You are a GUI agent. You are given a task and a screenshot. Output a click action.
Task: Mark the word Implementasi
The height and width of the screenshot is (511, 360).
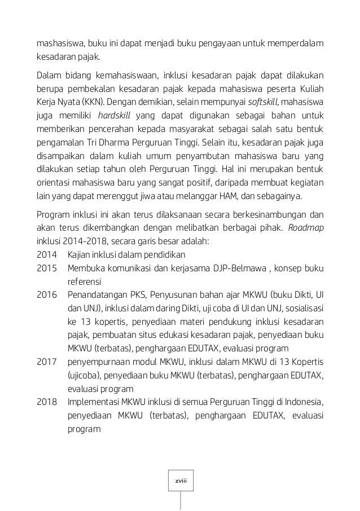[x=93, y=403]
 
